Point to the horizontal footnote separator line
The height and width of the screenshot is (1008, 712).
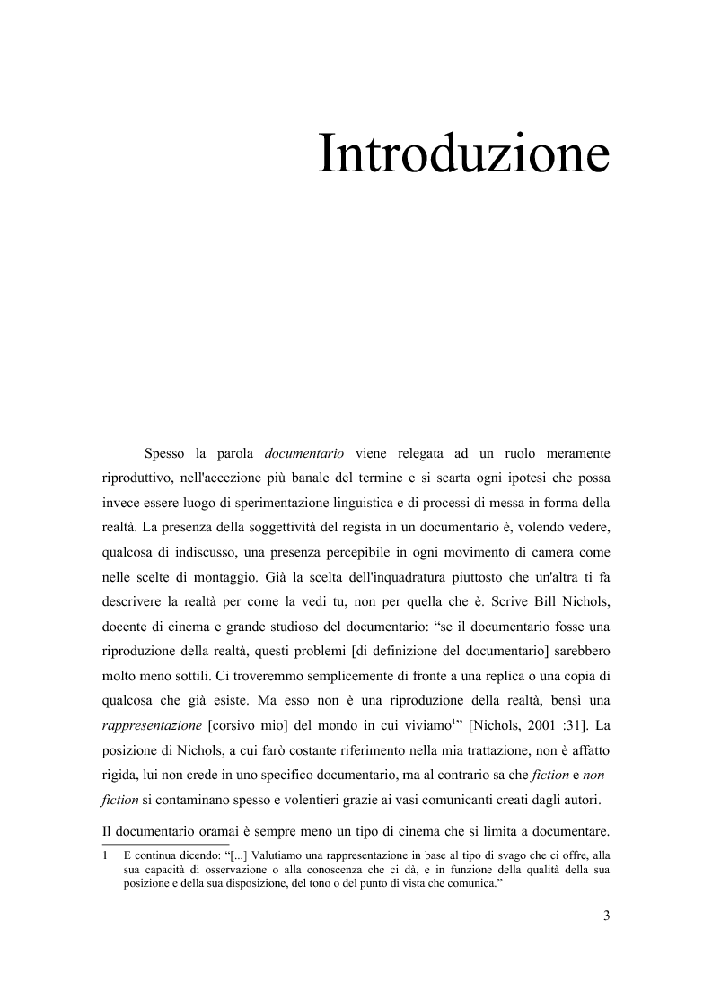166,843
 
